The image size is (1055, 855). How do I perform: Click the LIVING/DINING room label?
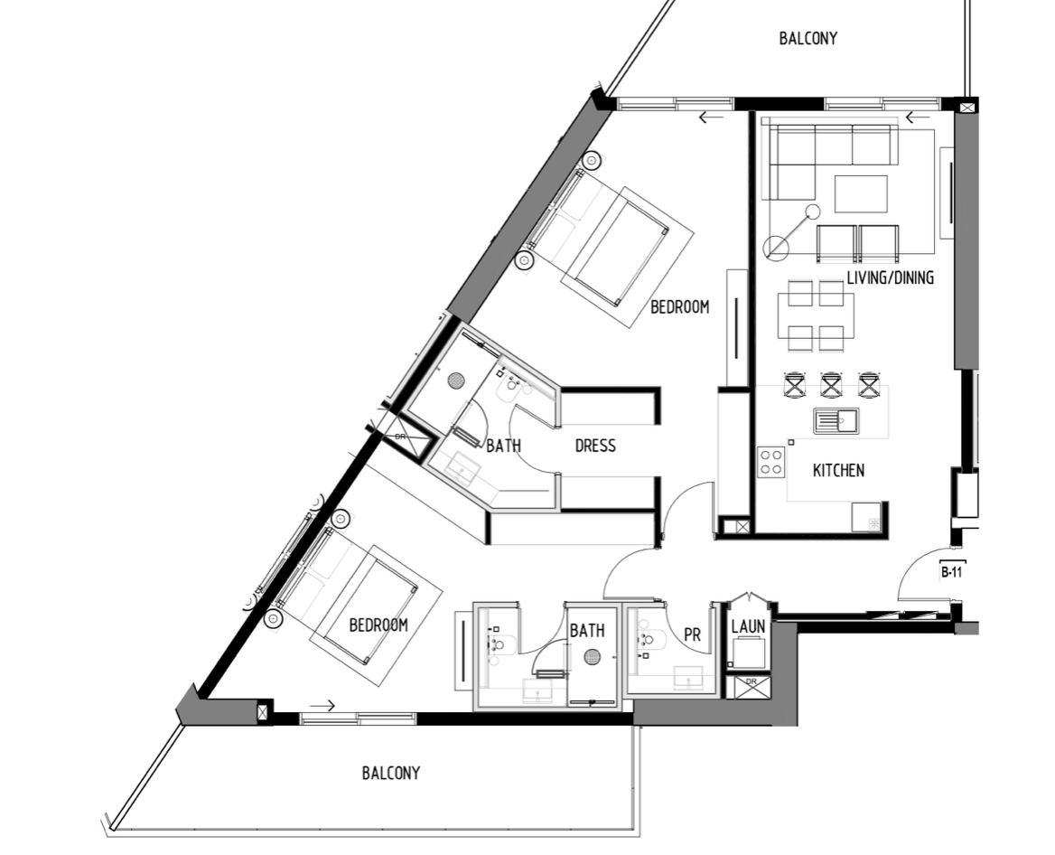coord(890,277)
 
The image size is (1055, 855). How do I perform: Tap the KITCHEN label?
coord(838,470)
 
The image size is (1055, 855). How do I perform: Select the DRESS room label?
coord(595,446)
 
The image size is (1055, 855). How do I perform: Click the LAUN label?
coord(748,626)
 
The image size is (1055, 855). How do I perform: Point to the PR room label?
coord(692,634)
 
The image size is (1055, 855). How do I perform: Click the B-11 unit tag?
coord(951,573)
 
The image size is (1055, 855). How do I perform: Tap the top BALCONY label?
coord(808,38)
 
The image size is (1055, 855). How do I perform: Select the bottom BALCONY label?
coord(391,773)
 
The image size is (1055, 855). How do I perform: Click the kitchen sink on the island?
coord(836,421)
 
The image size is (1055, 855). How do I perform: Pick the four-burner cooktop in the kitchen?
coord(770,463)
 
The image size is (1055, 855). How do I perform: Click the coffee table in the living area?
coord(861,194)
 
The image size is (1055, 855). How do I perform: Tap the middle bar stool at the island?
coord(831,384)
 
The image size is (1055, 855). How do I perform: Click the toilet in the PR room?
coord(650,641)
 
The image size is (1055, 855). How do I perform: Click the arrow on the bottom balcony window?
coord(322,706)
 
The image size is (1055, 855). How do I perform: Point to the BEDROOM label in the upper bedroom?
coord(679,307)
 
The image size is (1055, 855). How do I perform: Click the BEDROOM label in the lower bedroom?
coord(378,625)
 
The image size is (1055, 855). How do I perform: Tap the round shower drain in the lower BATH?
coord(593,656)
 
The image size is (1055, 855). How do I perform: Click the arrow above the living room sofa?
coord(918,117)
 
